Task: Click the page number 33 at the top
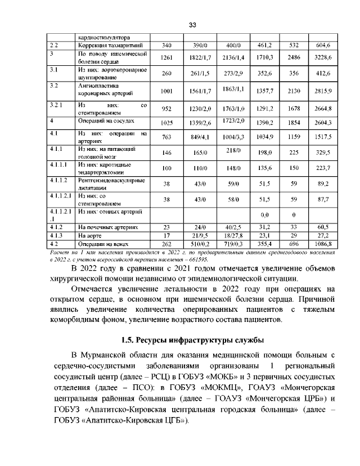tap(192, 25)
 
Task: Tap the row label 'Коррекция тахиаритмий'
tap(105, 44)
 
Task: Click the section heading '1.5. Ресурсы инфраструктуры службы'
tap(192, 340)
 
